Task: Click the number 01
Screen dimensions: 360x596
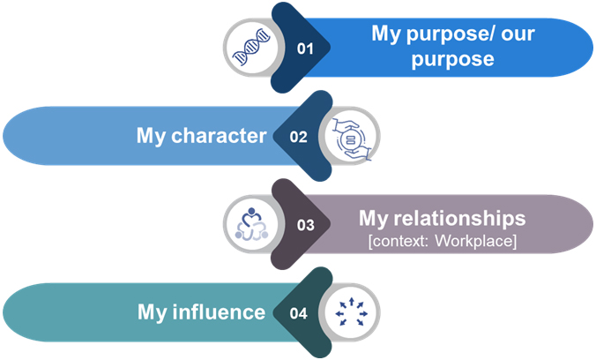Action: tap(305, 49)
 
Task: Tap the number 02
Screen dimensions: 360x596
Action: tap(298, 137)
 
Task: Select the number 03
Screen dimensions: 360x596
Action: tap(305, 224)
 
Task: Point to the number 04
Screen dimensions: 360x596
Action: tap(298, 312)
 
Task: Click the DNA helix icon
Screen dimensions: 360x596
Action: tap(250, 49)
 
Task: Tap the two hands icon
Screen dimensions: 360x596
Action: tap(353, 137)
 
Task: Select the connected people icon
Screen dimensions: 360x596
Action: tap(250, 224)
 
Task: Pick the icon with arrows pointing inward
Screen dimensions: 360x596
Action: tap(353, 311)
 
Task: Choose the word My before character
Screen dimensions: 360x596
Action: tap(153, 136)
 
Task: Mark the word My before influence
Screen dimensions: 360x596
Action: tap(153, 311)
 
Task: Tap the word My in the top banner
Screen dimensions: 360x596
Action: tap(387, 35)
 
